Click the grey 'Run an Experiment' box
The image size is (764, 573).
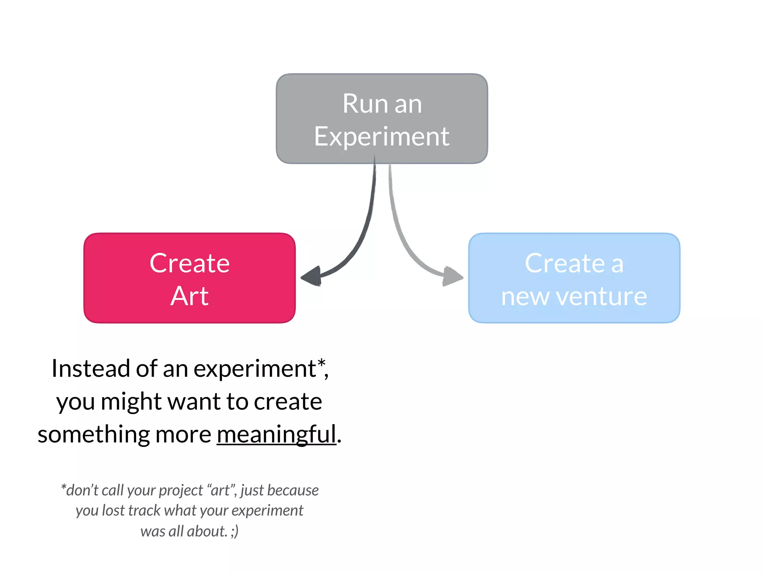click(x=382, y=118)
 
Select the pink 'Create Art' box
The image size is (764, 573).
click(x=190, y=278)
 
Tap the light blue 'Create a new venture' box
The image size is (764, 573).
click(x=574, y=278)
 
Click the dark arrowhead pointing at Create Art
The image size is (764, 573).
click(x=311, y=276)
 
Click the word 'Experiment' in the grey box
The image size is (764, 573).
click(x=382, y=137)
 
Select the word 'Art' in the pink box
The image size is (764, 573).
click(x=190, y=296)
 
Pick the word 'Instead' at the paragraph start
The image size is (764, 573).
click(x=91, y=369)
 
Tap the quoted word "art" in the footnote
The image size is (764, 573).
click(x=221, y=490)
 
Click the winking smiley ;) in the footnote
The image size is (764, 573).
click(x=235, y=531)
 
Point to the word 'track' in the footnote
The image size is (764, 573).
click(x=144, y=511)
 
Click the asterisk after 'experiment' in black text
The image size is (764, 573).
click(x=321, y=363)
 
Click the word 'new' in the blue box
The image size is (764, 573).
click(x=525, y=297)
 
